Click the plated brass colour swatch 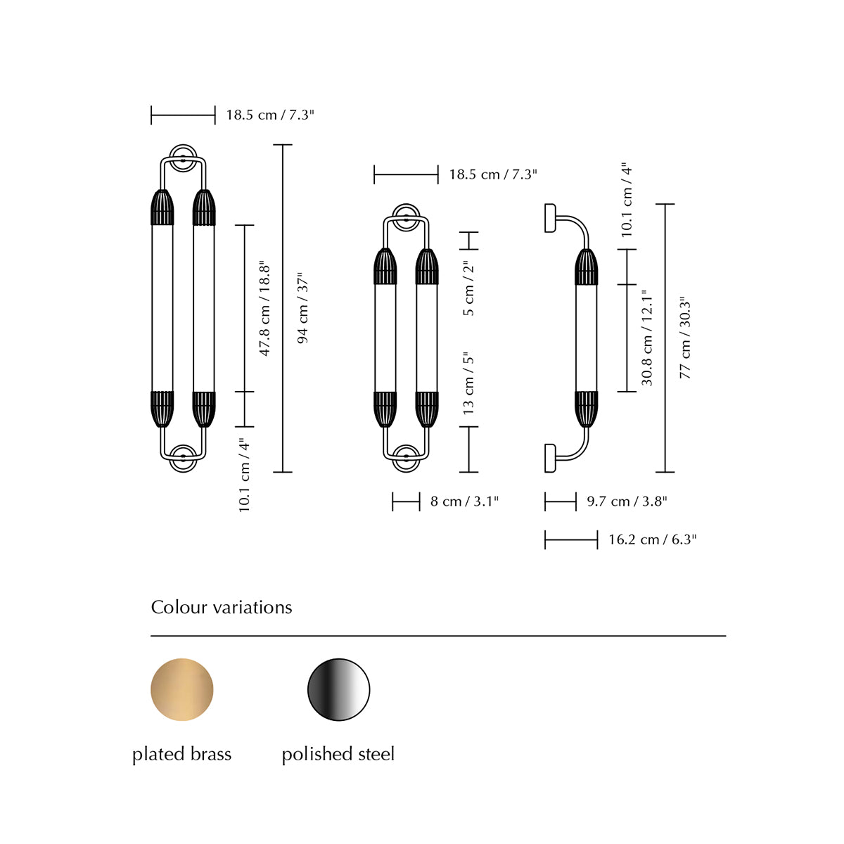tap(181, 689)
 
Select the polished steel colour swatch tap(338, 689)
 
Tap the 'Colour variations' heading tap(221, 608)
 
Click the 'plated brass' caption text tap(181, 754)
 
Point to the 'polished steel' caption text tap(338, 754)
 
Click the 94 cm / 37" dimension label tap(303, 308)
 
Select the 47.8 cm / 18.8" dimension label tap(264, 309)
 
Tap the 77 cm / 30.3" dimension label tap(685, 340)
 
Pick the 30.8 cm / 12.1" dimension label tap(647, 338)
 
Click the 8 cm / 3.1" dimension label tap(464, 501)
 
